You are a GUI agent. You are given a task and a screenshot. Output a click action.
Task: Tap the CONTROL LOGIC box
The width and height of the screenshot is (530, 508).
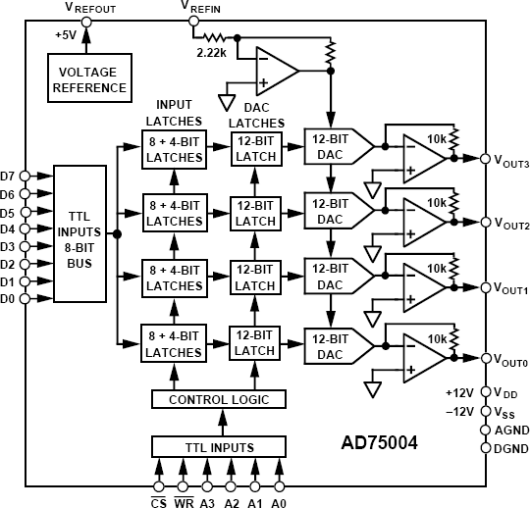219,399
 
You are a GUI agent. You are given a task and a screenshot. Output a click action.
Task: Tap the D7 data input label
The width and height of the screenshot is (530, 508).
9,176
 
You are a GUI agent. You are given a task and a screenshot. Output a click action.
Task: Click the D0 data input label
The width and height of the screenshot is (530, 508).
9,298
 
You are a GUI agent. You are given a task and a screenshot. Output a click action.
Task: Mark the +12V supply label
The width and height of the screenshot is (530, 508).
460,392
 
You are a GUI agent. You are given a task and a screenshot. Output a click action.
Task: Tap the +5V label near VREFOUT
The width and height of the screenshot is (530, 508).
67,35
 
